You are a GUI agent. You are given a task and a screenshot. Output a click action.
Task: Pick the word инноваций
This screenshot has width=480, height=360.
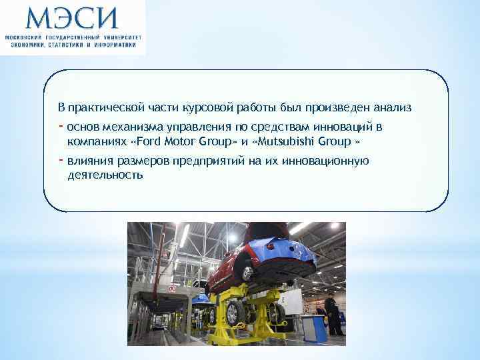(344, 127)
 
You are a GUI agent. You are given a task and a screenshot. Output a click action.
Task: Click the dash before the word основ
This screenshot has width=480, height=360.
(61, 126)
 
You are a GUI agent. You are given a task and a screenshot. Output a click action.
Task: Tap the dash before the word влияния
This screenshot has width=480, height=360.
(61, 160)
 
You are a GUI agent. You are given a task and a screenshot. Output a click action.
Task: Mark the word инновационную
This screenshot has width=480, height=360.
(325, 161)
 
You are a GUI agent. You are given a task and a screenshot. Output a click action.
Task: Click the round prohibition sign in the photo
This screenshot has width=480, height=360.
(172, 289)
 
